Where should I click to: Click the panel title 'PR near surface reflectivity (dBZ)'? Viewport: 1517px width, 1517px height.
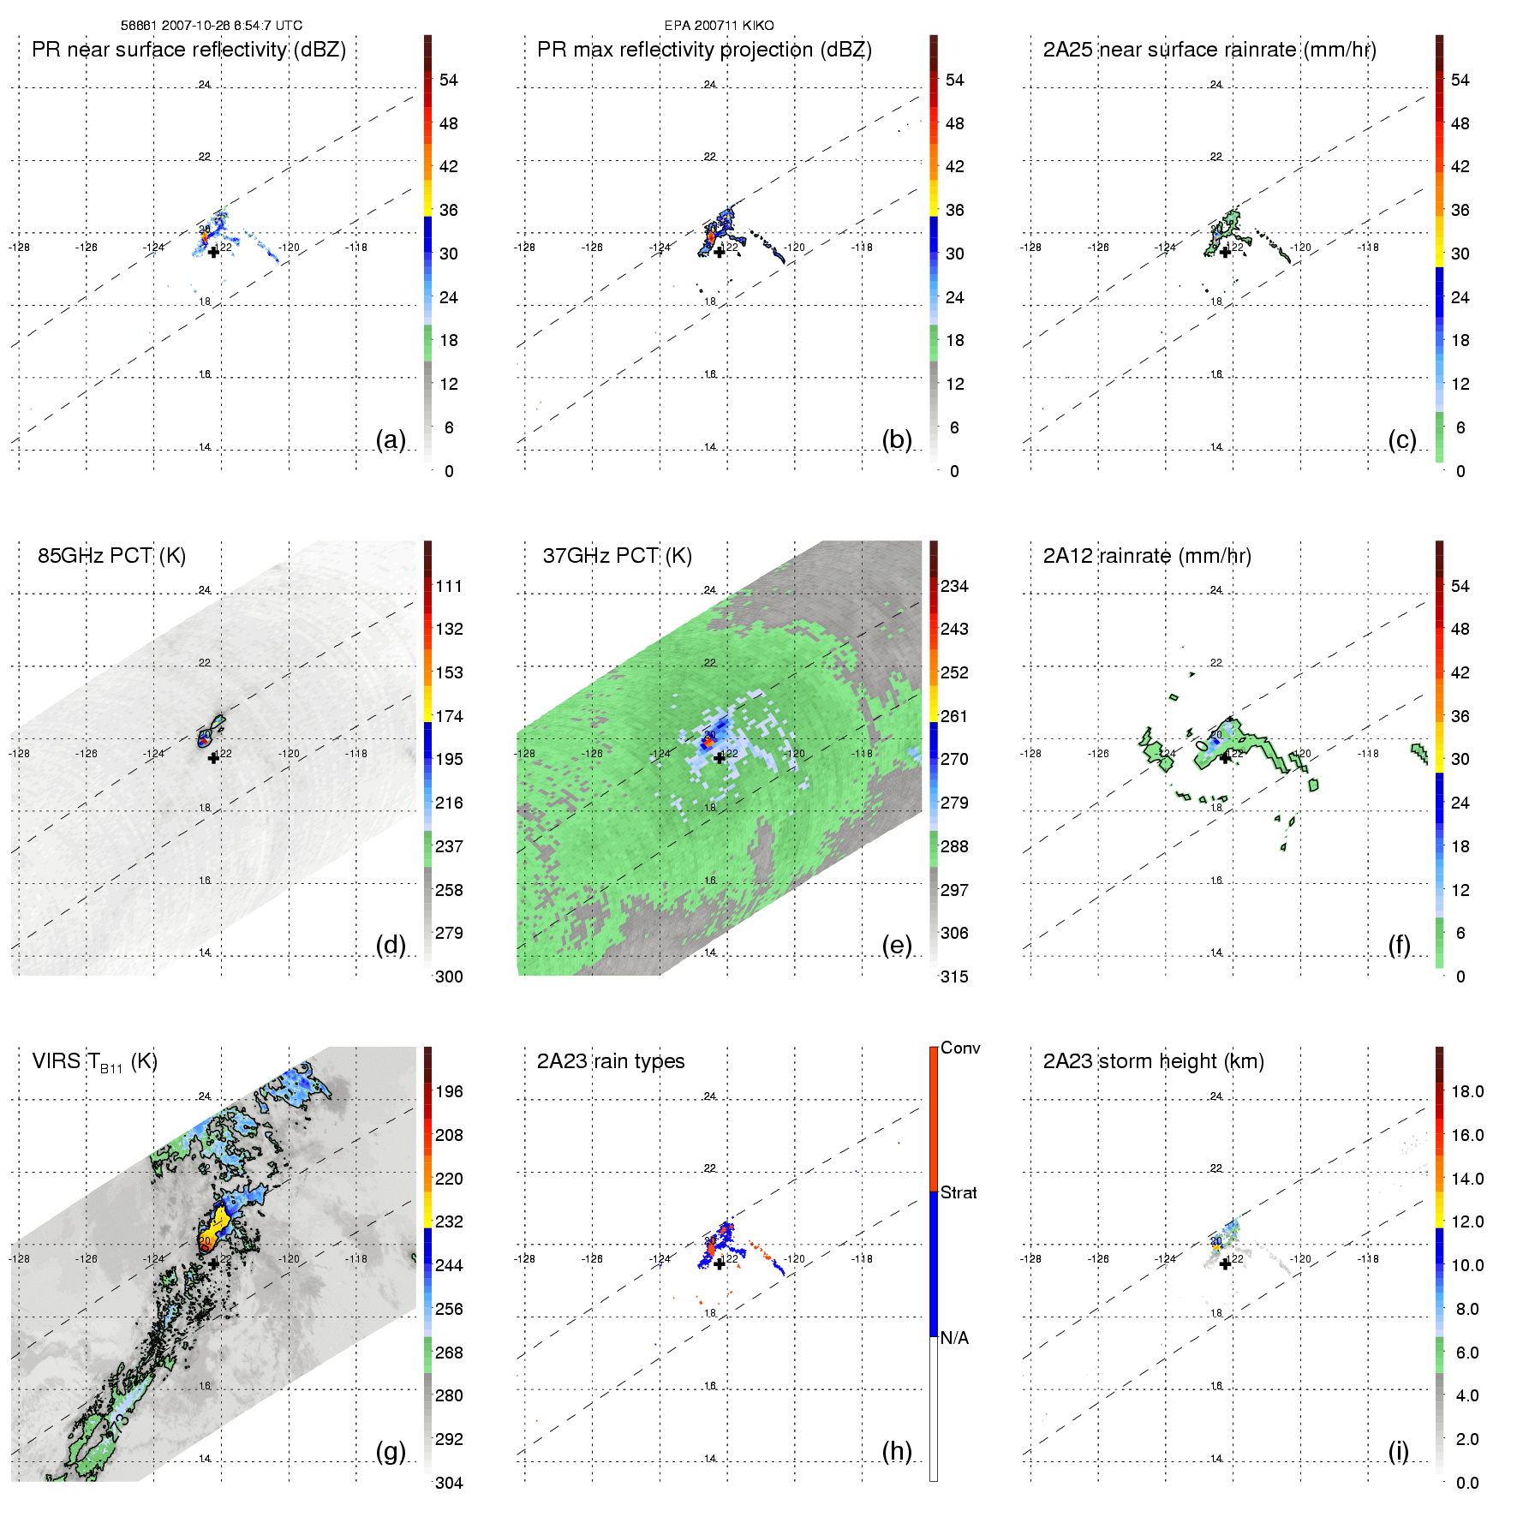pos(188,50)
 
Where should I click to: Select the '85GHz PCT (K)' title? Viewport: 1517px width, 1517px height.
pos(111,556)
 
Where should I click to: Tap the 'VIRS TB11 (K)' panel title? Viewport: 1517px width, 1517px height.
pos(94,1062)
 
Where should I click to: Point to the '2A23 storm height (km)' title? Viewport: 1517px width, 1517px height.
pos(1153,1062)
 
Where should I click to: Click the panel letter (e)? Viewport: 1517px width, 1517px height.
pos(896,946)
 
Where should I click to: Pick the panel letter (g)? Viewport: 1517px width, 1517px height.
pos(391,1451)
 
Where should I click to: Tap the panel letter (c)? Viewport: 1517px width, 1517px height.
pos(1401,440)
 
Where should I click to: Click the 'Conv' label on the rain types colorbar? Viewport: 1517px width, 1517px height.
pos(960,1048)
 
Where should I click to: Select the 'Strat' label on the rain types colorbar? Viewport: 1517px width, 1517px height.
pos(959,1193)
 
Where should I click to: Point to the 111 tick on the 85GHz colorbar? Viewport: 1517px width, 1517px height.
pos(449,587)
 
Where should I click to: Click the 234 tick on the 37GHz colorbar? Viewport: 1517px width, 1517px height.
pos(954,587)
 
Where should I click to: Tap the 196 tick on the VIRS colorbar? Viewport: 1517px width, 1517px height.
pos(449,1092)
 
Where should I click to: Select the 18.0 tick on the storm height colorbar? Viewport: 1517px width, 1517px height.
pos(1467,1092)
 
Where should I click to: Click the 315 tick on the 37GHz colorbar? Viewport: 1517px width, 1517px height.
pos(954,977)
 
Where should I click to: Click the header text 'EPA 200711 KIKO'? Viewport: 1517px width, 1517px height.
pos(719,26)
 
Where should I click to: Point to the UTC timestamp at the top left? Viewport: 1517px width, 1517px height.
pos(211,26)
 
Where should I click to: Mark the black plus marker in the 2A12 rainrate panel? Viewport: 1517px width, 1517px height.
pos(1225,758)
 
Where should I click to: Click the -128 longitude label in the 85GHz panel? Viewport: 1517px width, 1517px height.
pos(19,754)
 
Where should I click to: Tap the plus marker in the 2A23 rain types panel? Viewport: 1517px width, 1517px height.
pos(720,1263)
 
